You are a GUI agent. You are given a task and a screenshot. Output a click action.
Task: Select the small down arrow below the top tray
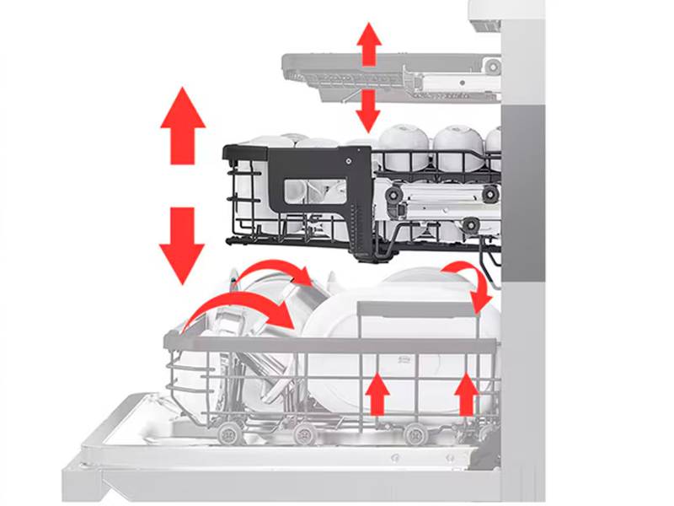click(x=368, y=110)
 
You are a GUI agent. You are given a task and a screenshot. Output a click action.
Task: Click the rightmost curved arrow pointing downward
click(x=472, y=283)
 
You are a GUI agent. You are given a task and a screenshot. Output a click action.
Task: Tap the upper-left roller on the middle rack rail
click(x=393, y=194)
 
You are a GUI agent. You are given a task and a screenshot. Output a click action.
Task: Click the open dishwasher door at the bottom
click(x=278, y=460)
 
